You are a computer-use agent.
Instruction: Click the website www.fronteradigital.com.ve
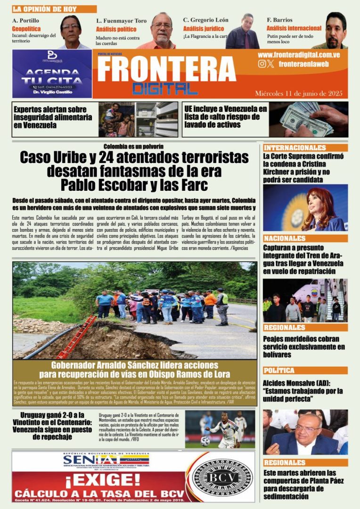(x=299, y=55)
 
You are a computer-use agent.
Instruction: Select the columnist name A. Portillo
(x=26, y=21)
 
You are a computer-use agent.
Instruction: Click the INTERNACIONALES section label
(x=295, y=148)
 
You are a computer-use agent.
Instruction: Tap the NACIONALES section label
(x=285, y=238)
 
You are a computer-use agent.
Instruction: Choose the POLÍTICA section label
(x=279, y=370)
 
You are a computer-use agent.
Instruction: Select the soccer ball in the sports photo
(x=205, y=441)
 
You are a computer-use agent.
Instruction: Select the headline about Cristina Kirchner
(x=303, y=168)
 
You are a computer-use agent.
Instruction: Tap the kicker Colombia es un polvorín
(x=134, y=146)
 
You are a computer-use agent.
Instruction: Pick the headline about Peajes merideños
(x=303, y=343)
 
